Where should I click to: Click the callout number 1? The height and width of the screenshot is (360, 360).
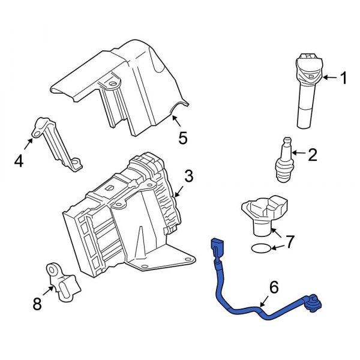coord(343,78)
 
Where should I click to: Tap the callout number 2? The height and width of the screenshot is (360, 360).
coord(312,155)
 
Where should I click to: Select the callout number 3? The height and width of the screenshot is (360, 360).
coord(188,176)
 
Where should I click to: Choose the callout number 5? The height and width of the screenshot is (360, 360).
coord(183,139)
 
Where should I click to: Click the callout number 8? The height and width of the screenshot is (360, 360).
coord(37,305)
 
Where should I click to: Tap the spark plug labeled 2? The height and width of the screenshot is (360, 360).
coord(284,161)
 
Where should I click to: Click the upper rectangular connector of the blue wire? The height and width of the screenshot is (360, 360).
coord(216,247)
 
